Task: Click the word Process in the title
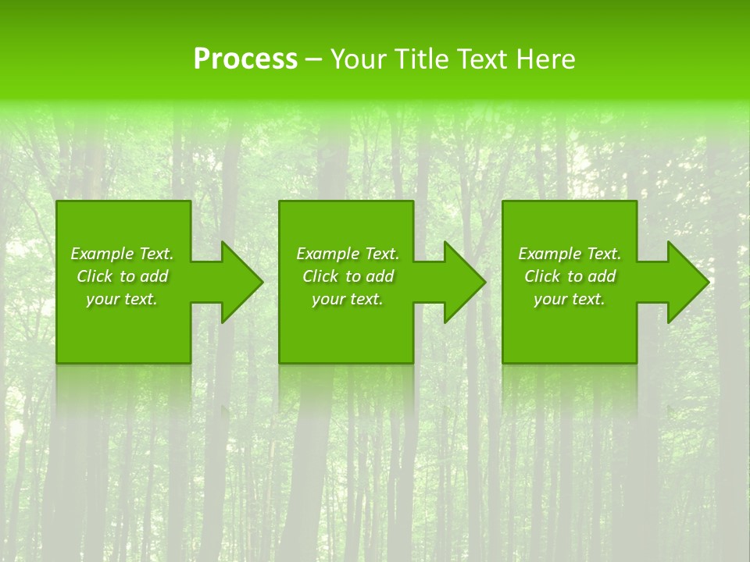[x=245, y=59]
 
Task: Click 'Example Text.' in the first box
[x=122, y=254]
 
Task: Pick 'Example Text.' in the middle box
[x=348, y=254]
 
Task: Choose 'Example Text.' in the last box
[x=570, y=254]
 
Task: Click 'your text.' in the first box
[x=122, y=299]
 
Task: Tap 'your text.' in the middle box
[x=348, y=299]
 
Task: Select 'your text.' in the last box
[x=570, y=299]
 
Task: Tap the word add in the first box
[x=155, y=276]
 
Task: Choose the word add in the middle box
[x=380, y=276]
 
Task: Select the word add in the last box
[x=602, y=276]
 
